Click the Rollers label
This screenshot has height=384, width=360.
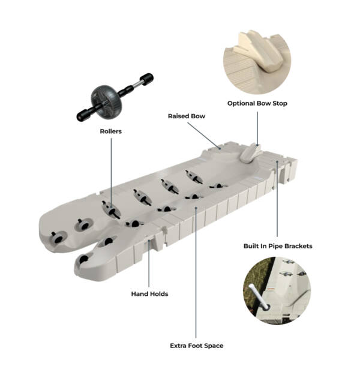pyautogui.click(x=111, y=130)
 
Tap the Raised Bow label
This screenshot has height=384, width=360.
pyautogui.click(x=187, y=116)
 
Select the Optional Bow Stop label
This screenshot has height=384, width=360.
pyautogui.click(x=257, y=103)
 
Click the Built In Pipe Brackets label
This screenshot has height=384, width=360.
pyautogui.click(x=278, y=246)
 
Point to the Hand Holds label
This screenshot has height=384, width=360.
pyautogui.click(x=149, y=294)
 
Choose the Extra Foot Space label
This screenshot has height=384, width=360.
pyautogui.click(x=196, y=346)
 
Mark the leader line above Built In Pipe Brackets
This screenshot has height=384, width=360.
pyautogui.click(x=277, y=198)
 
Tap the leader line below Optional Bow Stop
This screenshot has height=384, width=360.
pyautogui.click(x=257, y=126)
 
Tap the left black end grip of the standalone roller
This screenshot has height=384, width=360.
pyautogui.click(x=82, y=115)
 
